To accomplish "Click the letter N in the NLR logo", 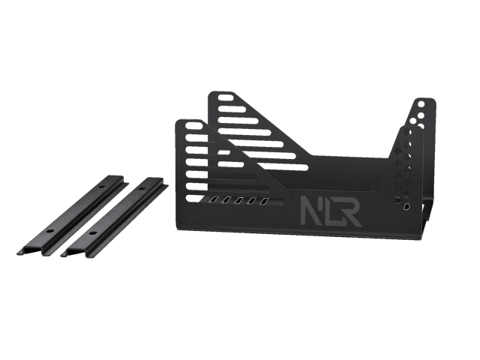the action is tap(310, 211).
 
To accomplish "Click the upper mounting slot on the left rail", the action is tap(101, 186).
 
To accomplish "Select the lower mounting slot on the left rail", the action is tap(51, 231).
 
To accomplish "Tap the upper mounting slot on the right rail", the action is tap(141, 188).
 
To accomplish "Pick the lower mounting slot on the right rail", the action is tap(91, 233).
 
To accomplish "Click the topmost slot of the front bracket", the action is tap(194, 125).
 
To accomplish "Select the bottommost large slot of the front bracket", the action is tap(196, 198).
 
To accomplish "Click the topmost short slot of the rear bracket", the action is tap(226, 98).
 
